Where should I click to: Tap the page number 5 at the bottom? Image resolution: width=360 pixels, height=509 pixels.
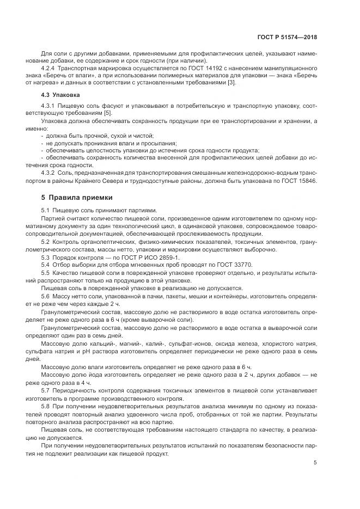pyautogui.click(x=315, y=463)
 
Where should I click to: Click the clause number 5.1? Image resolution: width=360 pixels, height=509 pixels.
pyautogui.click(x=46, y=210)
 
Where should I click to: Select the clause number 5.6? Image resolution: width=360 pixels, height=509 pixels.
pyautogui.click(x=46, y=295)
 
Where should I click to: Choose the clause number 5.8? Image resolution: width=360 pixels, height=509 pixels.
pyautogui.click(x=46, y=406)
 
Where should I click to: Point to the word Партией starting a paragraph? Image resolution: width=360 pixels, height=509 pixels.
pyautogui.click(x=53, y=218)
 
